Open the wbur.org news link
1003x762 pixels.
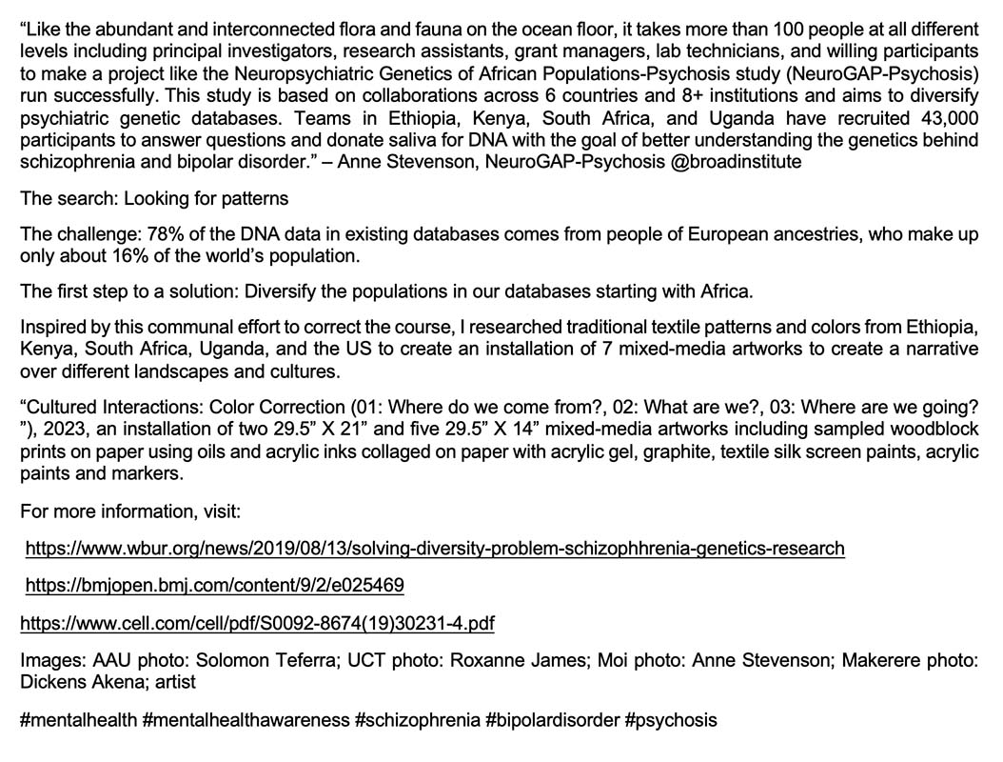(x=434, y=549)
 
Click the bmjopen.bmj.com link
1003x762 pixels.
(x=214, y=585)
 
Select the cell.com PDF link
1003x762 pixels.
(x=257, y=624)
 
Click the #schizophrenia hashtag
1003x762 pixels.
(x=417, y=720)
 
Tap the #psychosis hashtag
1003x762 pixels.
(x=671, y=720)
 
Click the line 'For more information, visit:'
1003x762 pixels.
(x=130, y=511)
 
